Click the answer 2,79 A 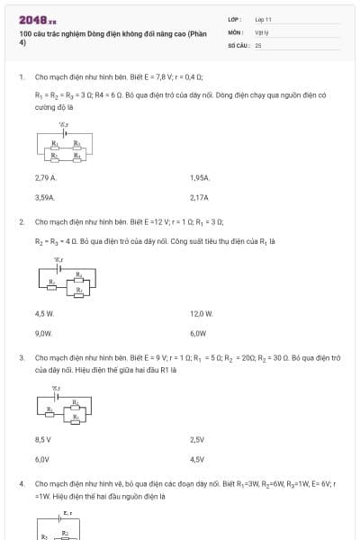pos(46,178)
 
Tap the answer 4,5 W pos(45,314)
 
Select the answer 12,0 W pos(202,314)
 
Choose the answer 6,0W pos(199,332)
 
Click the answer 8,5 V pos(43,439)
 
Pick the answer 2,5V pos(198,439)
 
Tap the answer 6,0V pos(42,459)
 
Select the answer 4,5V pos(198,459)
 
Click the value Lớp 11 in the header pos(263,18)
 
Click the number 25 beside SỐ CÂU pos(258,43)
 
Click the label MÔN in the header pos(235,31)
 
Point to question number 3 pos(21,357)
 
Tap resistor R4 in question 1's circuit pos(76,155)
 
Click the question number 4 pos(21,483)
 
